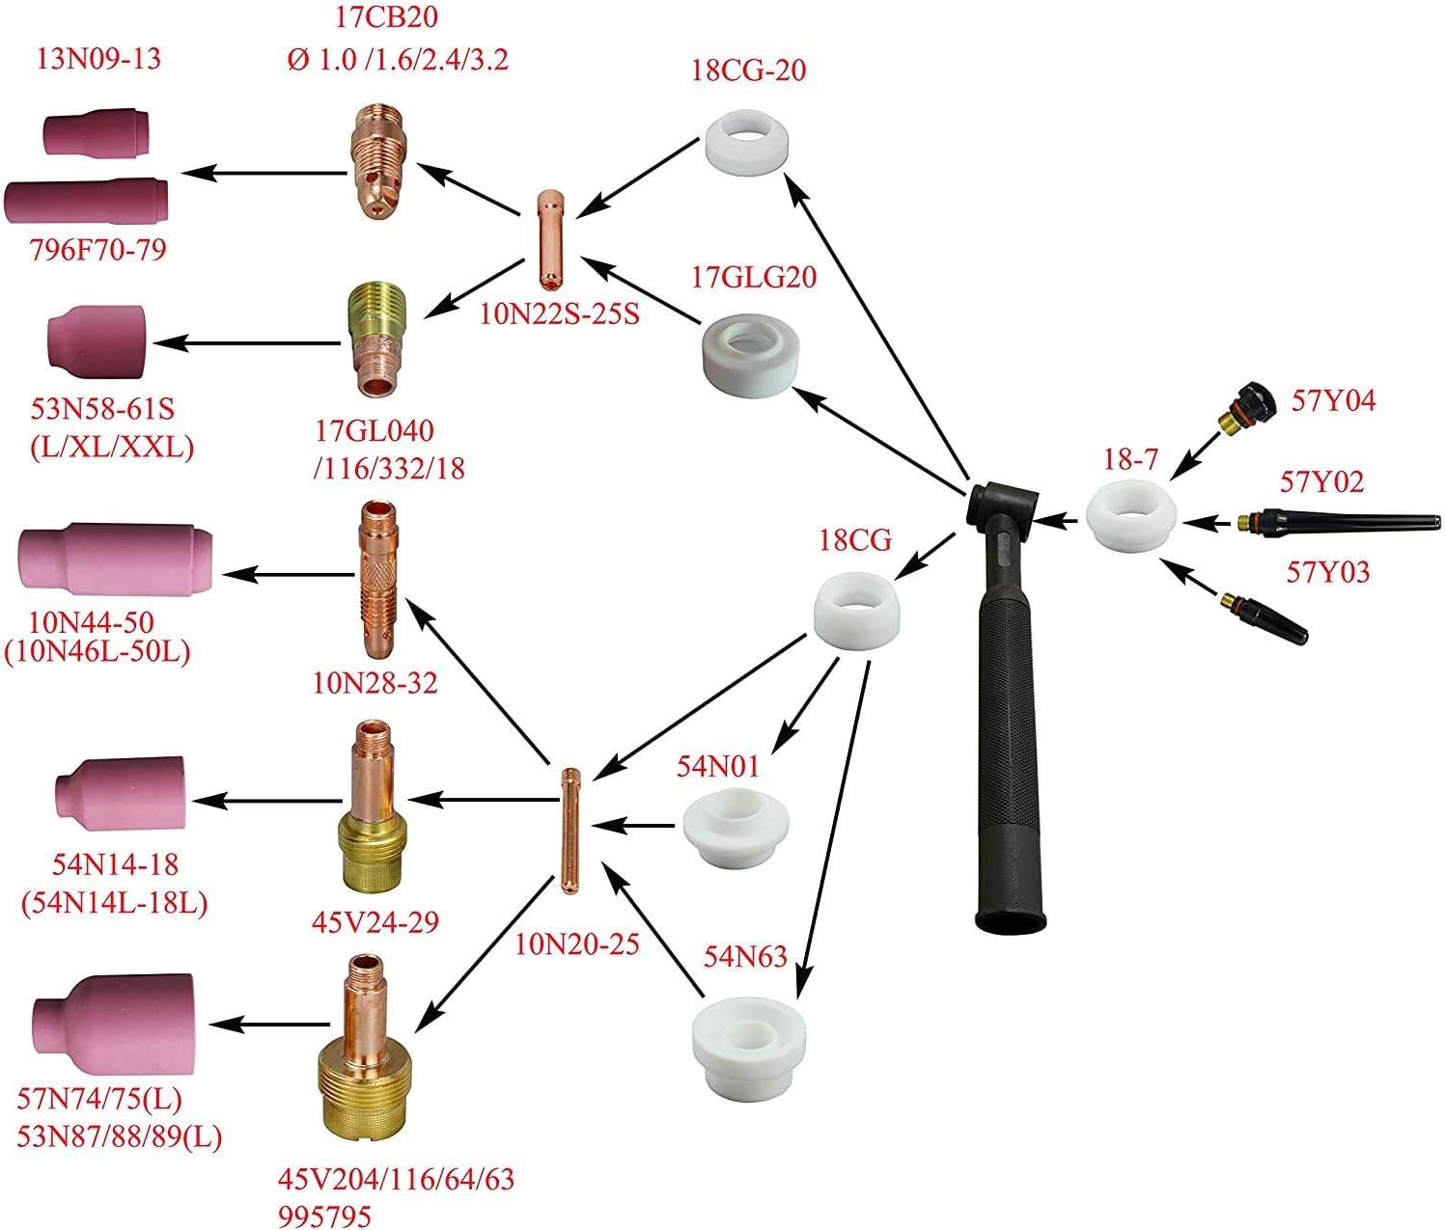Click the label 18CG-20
pos(748,69)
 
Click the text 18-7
pos(1130,459)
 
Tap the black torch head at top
pos(1004,506)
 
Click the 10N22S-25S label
pos(560,314)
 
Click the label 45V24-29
pos(375,921)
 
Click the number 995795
pos(325,1216)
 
